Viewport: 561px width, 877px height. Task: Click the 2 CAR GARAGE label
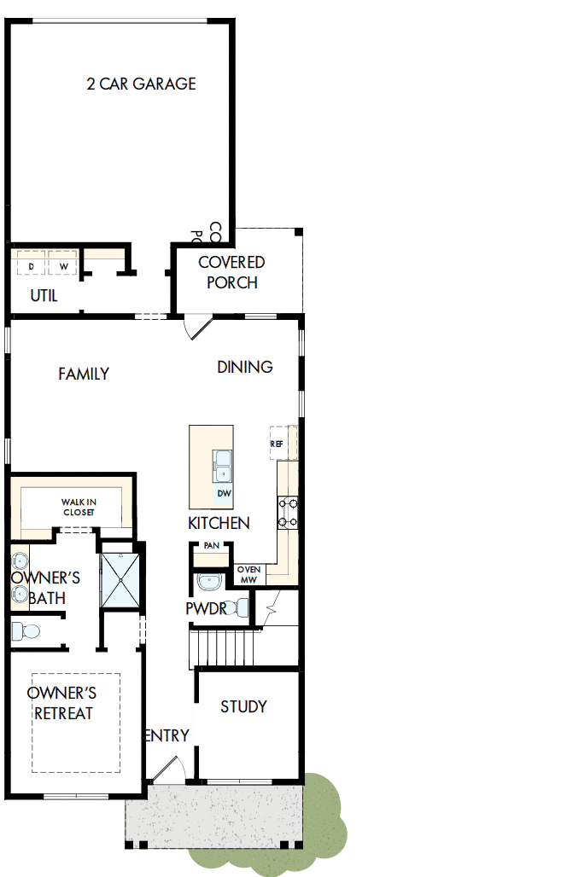(141, 84)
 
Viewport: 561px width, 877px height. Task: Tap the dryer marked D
(31, 266)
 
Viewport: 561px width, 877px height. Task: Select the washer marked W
(62, 266)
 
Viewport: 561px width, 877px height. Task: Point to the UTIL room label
(44, 296)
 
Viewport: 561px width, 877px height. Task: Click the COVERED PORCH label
(231, 272)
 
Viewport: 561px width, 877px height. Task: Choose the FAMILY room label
(84, 374)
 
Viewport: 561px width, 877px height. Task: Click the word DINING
(245, 367)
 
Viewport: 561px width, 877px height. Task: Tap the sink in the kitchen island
(224, 466)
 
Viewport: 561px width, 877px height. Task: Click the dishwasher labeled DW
(224, 494)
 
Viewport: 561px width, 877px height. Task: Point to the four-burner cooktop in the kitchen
(288, 513)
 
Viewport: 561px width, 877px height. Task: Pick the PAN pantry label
(211, 545)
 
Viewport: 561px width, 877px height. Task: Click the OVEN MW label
(248, 574)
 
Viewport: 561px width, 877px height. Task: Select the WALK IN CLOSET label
(78, 507)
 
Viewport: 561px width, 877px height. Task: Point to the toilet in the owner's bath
(26, 630)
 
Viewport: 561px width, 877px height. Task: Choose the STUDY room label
(244, 706)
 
